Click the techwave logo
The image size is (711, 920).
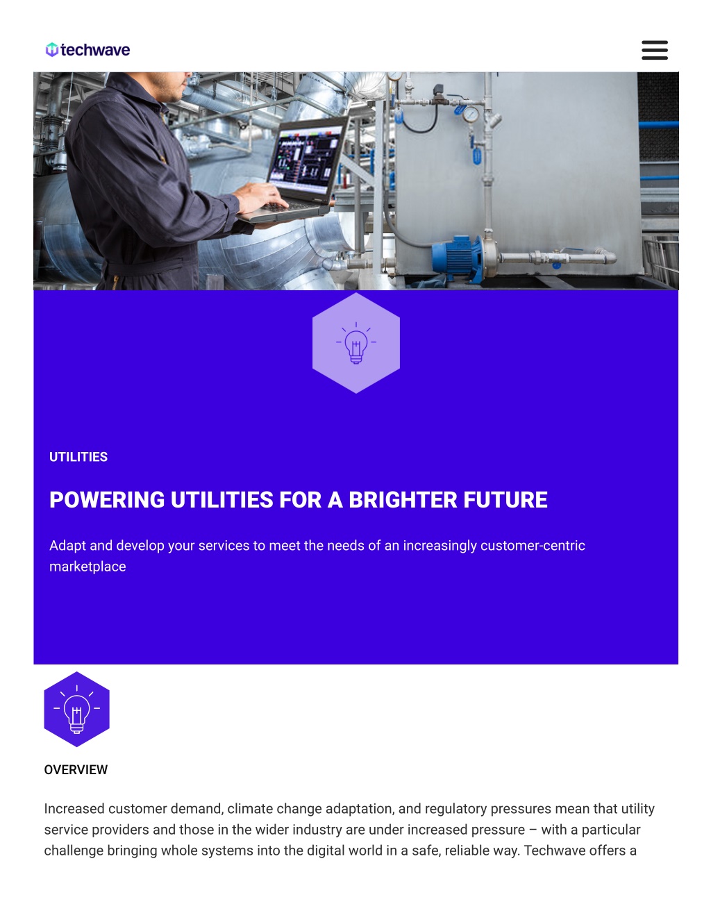click(x=87, y=50)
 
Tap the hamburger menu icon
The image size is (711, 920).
click(x=654, y=50)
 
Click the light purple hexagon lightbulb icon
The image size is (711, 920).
click(x=356, y=343)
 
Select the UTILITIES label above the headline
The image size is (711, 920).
click(x=78, y=457)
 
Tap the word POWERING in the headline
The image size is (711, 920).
click(x=107, y=500)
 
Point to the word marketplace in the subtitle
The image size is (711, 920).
click(x=87, y=567)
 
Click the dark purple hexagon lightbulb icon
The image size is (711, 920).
click(x=76, y=710)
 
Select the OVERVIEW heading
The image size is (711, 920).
click(x=76, y=770)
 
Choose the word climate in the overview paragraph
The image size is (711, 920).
click(x=250, y=809)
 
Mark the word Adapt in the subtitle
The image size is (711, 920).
click(x=67, y=546)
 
